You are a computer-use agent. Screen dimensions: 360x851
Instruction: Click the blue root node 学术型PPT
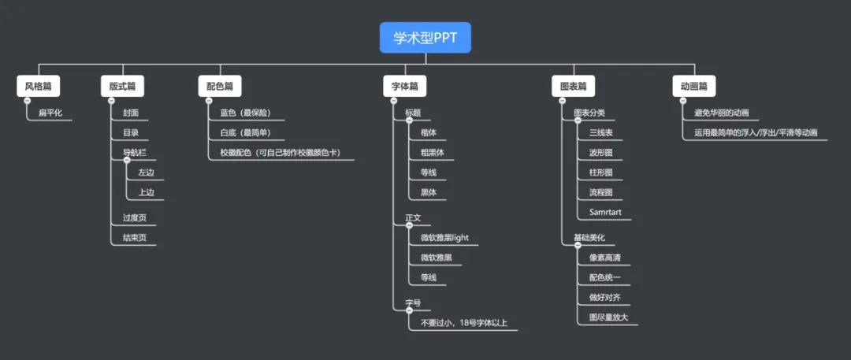pos(425,38)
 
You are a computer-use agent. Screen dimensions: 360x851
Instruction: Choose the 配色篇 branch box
pos(219,86)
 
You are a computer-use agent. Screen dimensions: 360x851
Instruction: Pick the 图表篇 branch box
pos(573,86)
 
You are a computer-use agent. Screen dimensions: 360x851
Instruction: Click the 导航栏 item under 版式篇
pos(134,152)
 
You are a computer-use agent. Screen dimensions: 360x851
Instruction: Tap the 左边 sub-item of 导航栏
pos(146,173)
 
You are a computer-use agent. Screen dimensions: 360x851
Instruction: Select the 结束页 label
pos(134,237)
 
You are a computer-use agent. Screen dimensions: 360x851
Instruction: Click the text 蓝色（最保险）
pos(245,113)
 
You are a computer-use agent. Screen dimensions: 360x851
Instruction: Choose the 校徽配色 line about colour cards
pos(280,152)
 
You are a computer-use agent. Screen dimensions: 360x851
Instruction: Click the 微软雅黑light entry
pos(444,237)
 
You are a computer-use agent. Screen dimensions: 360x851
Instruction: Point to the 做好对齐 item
pos(604,297)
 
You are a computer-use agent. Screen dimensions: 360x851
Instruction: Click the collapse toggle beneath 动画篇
pos(682,100)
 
